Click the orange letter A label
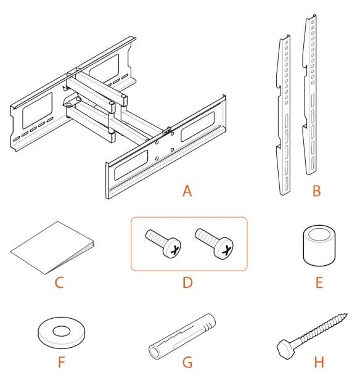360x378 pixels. point(187,191)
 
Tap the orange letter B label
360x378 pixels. point(316,191)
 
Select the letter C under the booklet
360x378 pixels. point(59,283)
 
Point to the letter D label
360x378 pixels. point(187,283)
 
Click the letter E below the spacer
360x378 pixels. point(319,283)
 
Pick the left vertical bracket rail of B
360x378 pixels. point(285,117)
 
